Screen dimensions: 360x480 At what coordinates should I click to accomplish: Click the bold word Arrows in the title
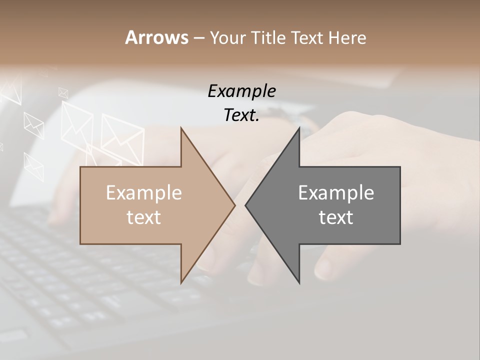coord(156,37)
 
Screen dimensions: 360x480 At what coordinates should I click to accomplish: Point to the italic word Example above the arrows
coord(241,91)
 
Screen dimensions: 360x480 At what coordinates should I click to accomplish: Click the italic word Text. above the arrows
coord(241,115)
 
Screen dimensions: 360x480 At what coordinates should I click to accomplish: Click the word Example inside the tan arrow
coord(144,192)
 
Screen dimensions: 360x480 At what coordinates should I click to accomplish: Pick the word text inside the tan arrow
coord(144,217)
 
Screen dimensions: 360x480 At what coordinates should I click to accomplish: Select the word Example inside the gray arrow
coord(336,192)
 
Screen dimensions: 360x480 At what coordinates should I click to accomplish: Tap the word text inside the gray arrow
coord(336,217)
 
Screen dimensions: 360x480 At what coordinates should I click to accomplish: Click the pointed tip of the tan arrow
coord(235,205)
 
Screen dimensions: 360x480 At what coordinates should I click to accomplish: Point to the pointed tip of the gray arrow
coord(245,205)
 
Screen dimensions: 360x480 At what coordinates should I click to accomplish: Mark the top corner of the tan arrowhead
coord(181,127)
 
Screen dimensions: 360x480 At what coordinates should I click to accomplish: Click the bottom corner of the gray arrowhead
coord(299,283)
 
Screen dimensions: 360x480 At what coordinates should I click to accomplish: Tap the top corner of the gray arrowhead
coord(299,127)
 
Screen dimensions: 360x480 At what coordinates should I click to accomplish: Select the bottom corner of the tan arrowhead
coord(181,283)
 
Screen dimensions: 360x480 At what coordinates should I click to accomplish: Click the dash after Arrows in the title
coord(198,38)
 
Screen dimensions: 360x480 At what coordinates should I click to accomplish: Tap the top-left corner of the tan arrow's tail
coord(80,167)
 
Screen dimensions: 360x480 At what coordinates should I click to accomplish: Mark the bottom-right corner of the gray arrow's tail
coord(400,244)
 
